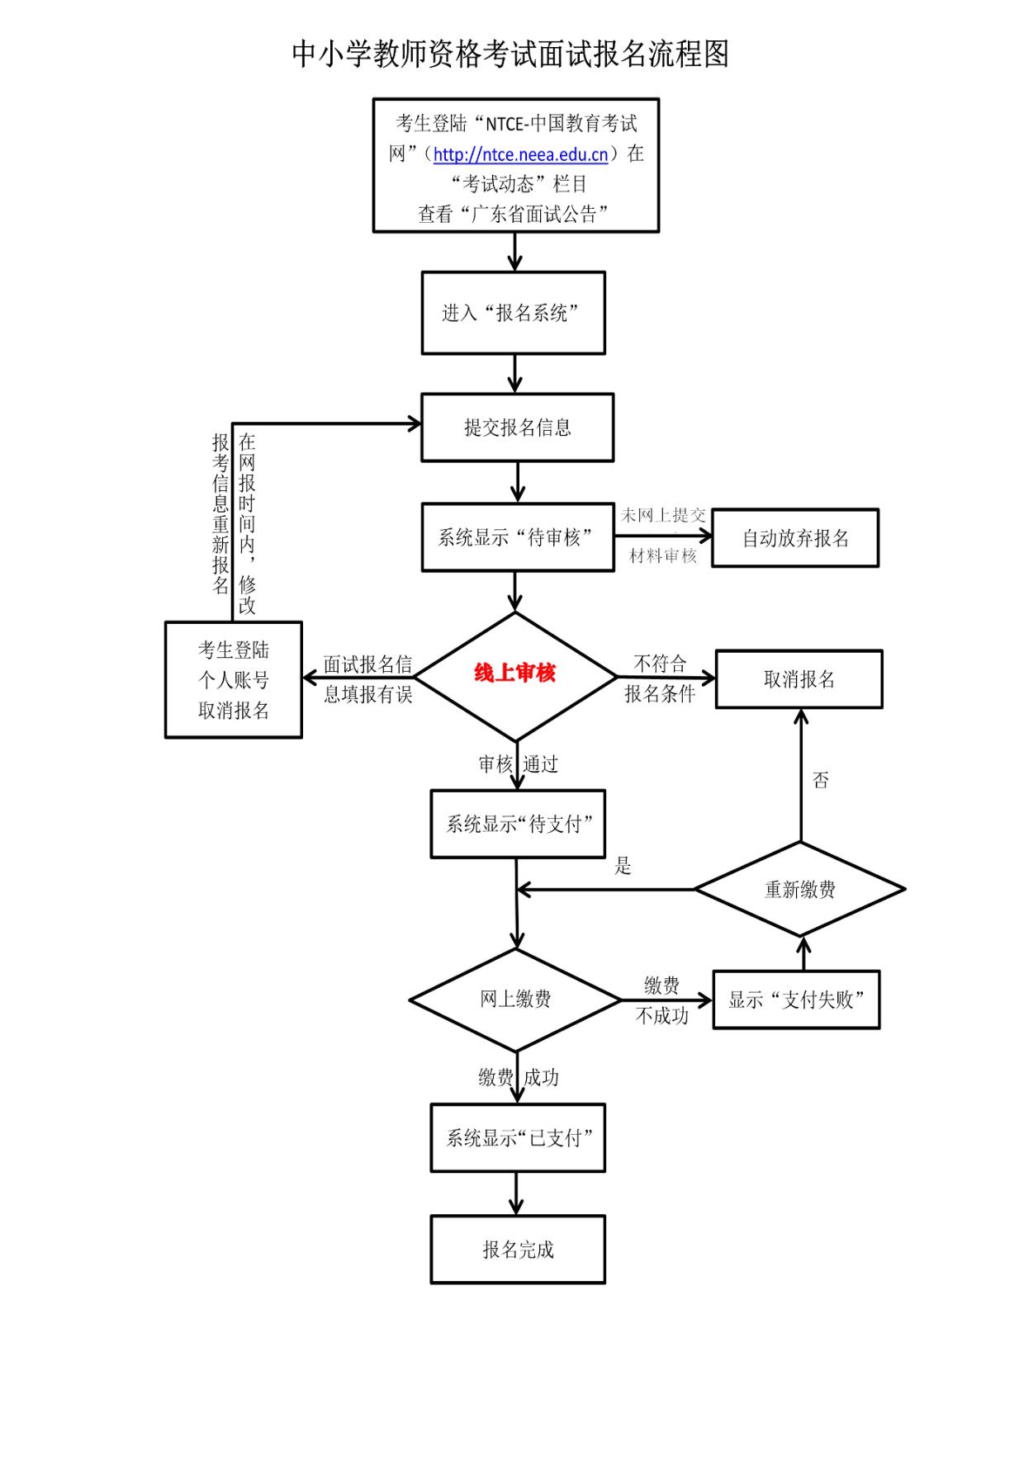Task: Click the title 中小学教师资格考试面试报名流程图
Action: [509, 54]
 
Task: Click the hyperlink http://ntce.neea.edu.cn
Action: [520, 154]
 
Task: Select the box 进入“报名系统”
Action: [513, 313]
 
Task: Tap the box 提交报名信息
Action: [517, 428]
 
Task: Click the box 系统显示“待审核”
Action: [517, 537]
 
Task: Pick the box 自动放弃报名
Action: [794, 538]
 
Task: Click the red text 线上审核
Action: [515, 674]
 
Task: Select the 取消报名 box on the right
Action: [799, 679]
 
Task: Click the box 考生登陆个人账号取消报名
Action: [234, 680]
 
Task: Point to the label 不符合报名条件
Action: [660, 678]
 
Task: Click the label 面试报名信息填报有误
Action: [367, 679]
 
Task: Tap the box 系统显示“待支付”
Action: [518, 824]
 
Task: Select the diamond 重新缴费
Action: [799, 889]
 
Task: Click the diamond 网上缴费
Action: [515, 1000]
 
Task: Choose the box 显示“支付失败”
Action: [796, 1000]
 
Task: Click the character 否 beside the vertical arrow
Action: [820, 780]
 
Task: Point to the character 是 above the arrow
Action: [623, 866]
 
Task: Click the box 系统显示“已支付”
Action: [518, 1138]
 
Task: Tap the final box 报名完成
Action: [518, 1250]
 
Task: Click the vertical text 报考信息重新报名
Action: [220, 513]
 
